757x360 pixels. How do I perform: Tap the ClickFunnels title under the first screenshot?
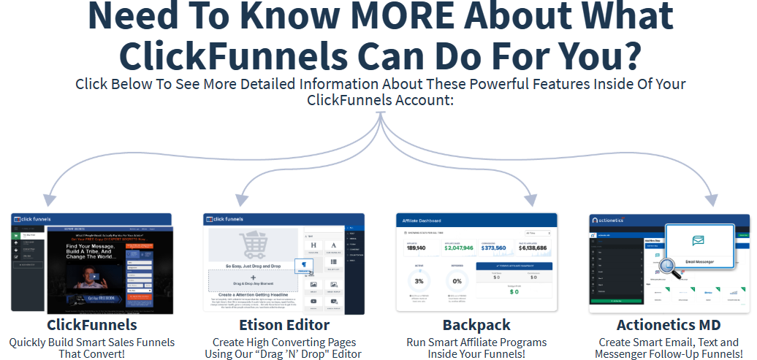tap(92, 324)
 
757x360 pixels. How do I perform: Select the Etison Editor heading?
tap(284, 324)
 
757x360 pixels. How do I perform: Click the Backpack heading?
tap(476, 324)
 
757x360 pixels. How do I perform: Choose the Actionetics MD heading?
tap(669, 324)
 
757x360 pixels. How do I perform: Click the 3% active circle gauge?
tap(419, 280)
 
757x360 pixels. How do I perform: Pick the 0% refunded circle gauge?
tap(457, 280)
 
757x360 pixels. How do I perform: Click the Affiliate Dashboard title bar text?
tap(422, 220)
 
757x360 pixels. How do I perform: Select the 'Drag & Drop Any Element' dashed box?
tap(253, 280)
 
